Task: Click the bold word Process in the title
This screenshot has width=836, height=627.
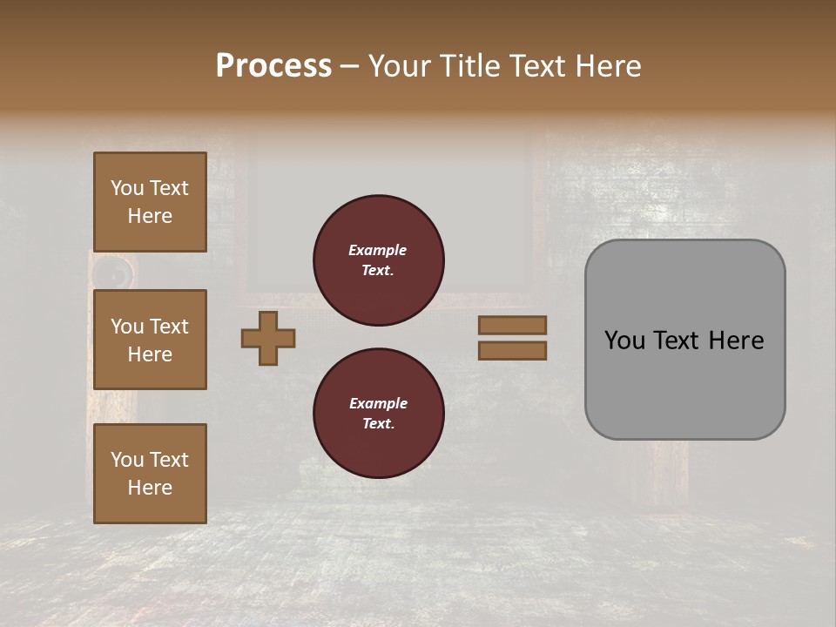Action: point(273,66)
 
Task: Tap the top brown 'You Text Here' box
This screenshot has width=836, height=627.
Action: point(150,202)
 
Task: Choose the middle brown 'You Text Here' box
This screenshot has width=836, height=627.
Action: point(150,340)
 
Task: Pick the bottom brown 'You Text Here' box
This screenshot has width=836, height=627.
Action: point(150,474)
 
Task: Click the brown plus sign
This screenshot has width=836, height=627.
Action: point(268,338)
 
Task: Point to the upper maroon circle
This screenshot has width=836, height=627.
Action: point(379,260)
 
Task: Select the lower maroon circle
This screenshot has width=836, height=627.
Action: point(379,414)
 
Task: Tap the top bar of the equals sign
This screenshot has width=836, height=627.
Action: point(512,326)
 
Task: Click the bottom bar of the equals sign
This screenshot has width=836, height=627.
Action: point(512,350)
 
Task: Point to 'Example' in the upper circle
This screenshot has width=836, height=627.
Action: point(378,250)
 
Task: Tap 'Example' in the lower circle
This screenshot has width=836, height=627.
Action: point(378,403)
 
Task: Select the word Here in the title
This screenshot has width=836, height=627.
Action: point(609,66)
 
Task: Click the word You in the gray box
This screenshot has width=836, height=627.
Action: point(624,340)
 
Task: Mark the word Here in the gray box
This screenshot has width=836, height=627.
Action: point(736,340)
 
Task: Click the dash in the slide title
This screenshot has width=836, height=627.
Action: point(350,67)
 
